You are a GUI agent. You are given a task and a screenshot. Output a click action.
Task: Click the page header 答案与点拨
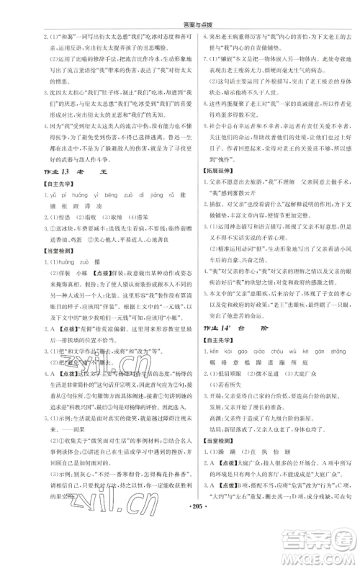coord(179,8)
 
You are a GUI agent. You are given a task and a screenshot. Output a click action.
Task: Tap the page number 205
coord(179,558)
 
